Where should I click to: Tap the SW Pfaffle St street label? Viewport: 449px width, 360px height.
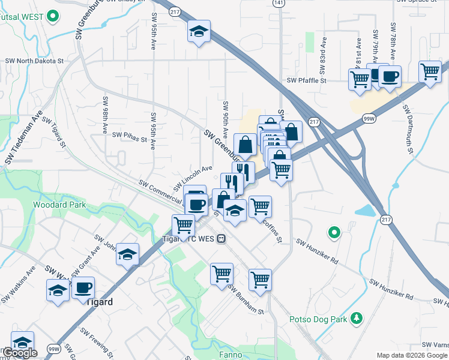point(306,80)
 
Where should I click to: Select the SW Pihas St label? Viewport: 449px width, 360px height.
point(127,139)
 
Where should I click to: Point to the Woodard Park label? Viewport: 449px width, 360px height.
point(61,205)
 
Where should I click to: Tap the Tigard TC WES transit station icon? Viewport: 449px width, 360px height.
point(221,238)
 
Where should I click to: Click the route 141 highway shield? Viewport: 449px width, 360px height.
point(277,4)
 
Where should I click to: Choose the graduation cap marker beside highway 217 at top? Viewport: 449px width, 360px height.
point(199,31)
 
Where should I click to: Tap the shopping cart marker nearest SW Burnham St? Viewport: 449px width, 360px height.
point(221,273)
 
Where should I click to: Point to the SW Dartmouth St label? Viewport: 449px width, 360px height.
point(408,130)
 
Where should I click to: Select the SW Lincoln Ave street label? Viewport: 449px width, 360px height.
point(193,177)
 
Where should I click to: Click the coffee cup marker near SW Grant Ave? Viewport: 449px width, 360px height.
point(83,287)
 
